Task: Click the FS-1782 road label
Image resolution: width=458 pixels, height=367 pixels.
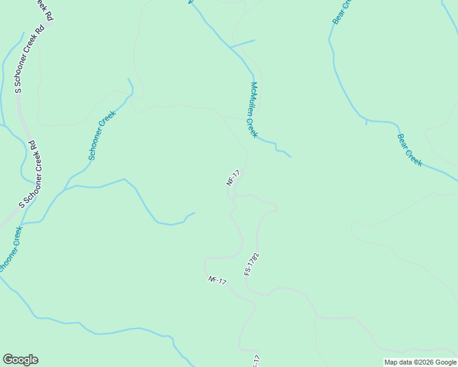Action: (x=252, y=264)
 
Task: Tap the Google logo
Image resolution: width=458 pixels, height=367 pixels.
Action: (x=20, y=360)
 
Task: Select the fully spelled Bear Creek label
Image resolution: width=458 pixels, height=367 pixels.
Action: (x=410, y=150)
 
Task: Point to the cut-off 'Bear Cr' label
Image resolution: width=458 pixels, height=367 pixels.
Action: (x=343, y=12)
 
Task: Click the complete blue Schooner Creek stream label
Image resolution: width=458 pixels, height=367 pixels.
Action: (x=102, y=135)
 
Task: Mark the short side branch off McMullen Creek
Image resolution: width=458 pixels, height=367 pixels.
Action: (x=242, y=43)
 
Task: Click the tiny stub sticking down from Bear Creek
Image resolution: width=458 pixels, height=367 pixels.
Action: (x=366, y=123)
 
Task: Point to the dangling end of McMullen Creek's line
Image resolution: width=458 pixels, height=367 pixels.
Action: (x=290, y=157)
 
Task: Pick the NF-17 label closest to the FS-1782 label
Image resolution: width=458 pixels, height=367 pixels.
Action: (x=217, y=281)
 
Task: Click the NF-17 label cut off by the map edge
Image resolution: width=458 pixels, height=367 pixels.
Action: (x=257, y=361)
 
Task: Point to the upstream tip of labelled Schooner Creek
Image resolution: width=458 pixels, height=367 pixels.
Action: (x=128, y=79)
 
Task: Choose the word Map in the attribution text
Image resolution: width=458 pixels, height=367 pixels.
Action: (x=390, y=362)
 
